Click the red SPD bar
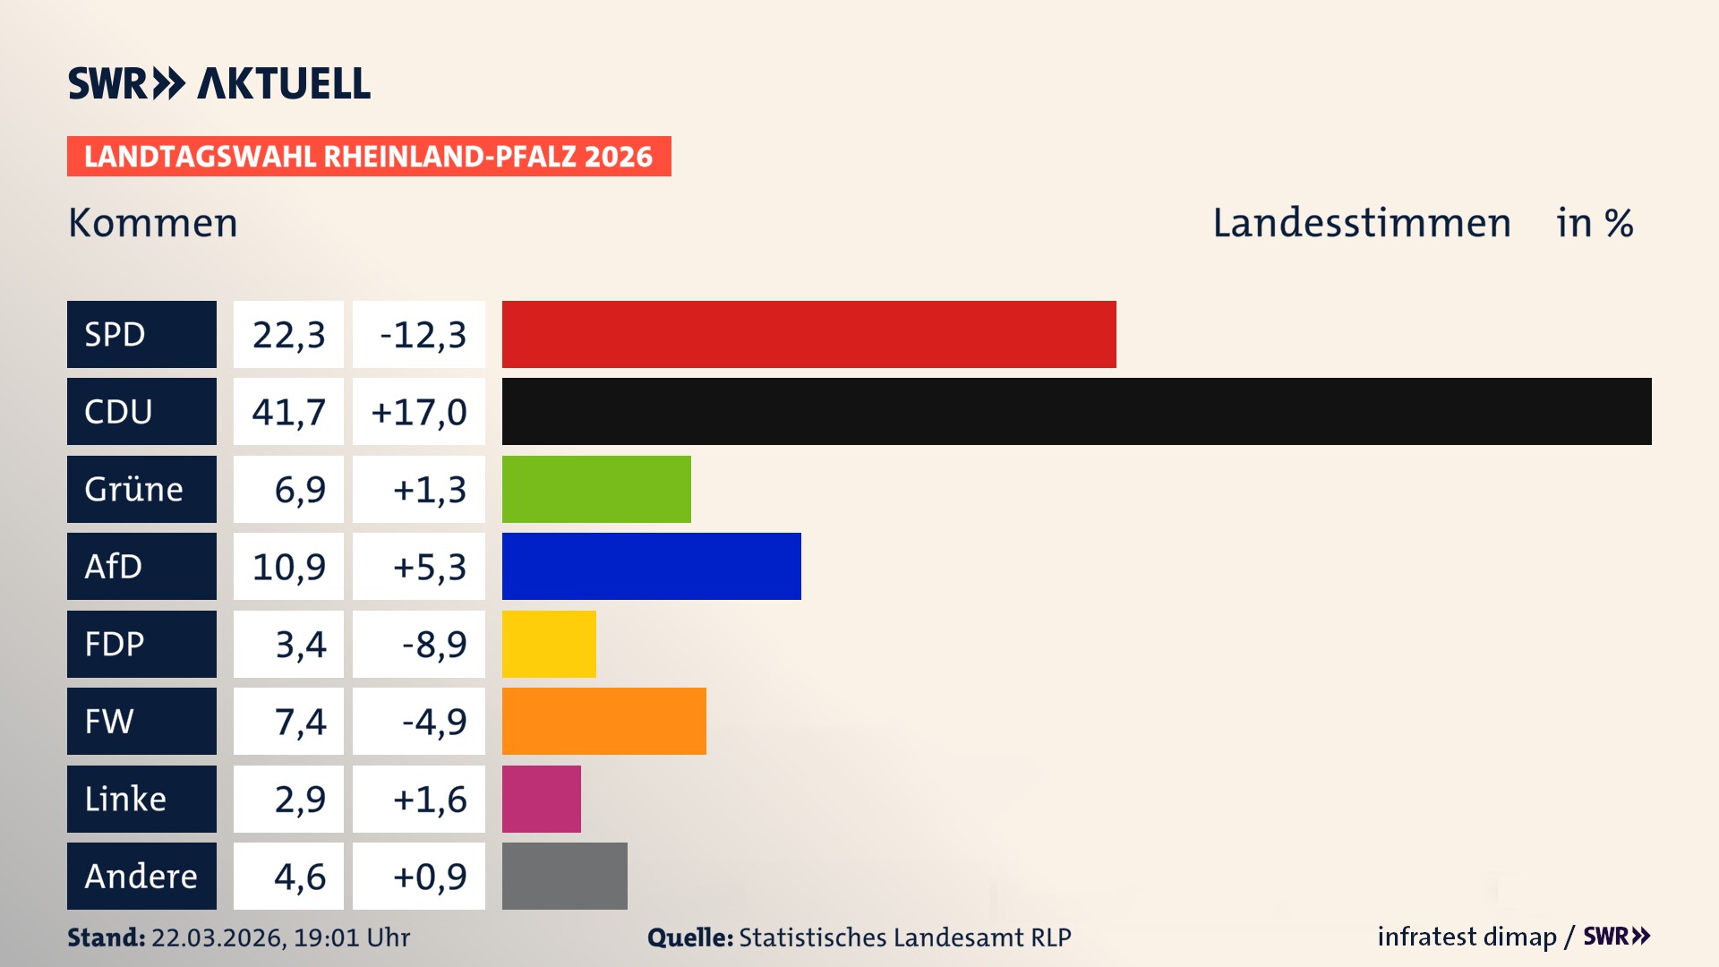(x=808, y=334)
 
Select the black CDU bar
(x=1076, y=411)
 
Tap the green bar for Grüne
(x=596, y=489)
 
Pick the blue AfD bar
(x=651, y=566)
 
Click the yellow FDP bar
(x=549, y=644)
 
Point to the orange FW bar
(x=603, y=721)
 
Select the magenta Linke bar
(x=541, y=799)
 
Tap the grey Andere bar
(x=564, y=876)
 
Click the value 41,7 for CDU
(x=288, y=412)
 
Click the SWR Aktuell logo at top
(x=218, y=83)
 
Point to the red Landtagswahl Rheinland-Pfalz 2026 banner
(x=368, y=157)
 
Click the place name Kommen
(x=153, y=223)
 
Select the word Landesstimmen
(x=1361, y=223)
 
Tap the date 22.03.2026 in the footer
(x=218, y=937)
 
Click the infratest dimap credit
(x=1467, y=937)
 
